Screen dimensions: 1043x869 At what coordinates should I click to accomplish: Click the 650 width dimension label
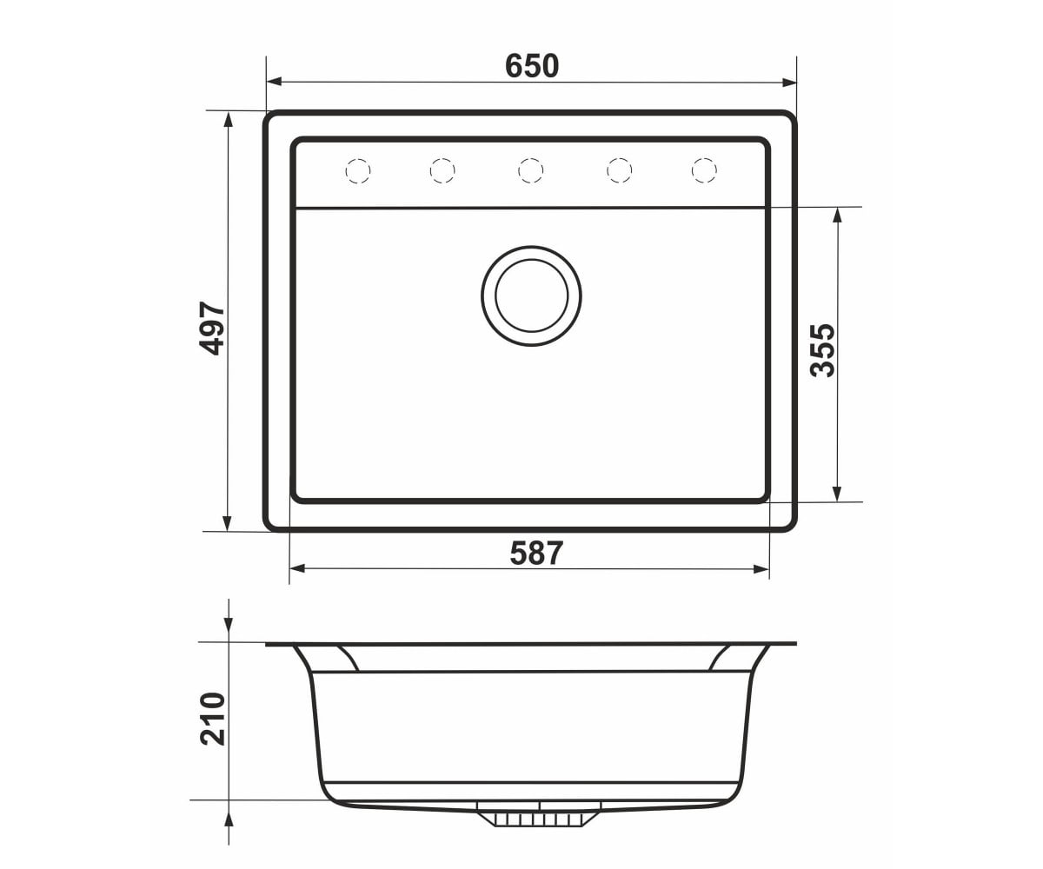pos(532,66)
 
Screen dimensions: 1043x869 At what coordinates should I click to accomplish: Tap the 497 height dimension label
pos(212,328)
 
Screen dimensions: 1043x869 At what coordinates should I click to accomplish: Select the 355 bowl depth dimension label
pos(822,350)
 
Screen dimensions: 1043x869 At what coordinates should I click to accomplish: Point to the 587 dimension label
pos(536,554)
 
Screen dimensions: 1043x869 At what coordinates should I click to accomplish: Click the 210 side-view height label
pos(213,719)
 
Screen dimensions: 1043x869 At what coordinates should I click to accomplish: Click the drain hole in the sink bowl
pos(531,295)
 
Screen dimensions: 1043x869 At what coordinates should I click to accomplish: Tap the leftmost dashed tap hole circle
pos(358,171)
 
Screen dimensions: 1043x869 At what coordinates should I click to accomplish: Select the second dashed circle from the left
pos(442,171)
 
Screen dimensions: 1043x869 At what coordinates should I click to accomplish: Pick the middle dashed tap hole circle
pos(530,171)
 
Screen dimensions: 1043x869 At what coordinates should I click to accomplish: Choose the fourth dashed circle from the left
pos(620,171)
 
